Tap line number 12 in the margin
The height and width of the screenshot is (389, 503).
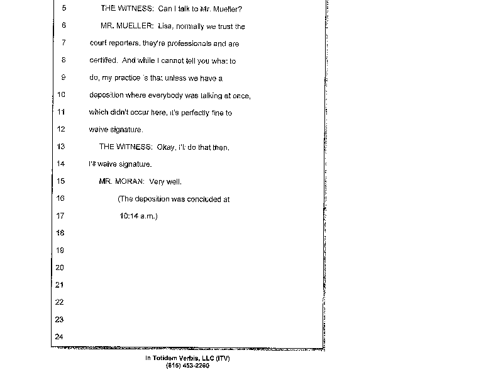pyautogui.click(x=61, y=129)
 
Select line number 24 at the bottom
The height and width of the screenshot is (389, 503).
pyautogui.click(x=60, y=337)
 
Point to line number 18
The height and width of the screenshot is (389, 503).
pyautogui.click(x=60, y=233)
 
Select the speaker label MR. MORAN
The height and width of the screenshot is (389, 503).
pyautogui.click(x=122, y=182)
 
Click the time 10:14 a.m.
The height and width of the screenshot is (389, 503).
pyautogui.click(x=138, y=216)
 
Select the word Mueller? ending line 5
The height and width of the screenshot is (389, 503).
pyautogui.click(x=226, y=9)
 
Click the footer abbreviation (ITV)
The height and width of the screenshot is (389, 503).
pyautogui.click(x=223, y=359)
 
